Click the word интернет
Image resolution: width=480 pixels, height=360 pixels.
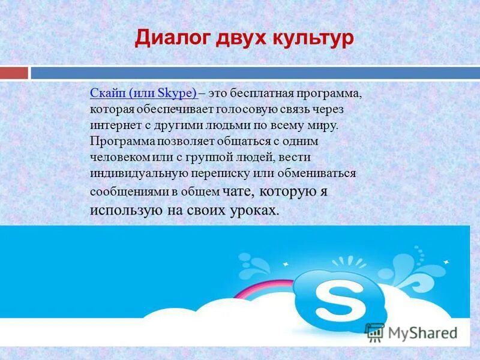[x=114, y=126]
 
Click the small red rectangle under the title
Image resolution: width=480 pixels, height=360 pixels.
[x=14, y=73]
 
